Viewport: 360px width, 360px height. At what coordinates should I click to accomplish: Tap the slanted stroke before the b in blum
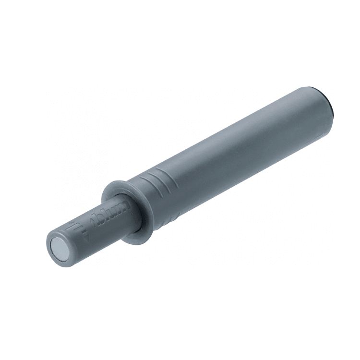point(93,223)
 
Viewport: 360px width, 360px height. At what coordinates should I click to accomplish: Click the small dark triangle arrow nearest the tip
point(86,239)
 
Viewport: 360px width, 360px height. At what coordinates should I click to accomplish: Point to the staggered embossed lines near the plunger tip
point(72,226)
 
